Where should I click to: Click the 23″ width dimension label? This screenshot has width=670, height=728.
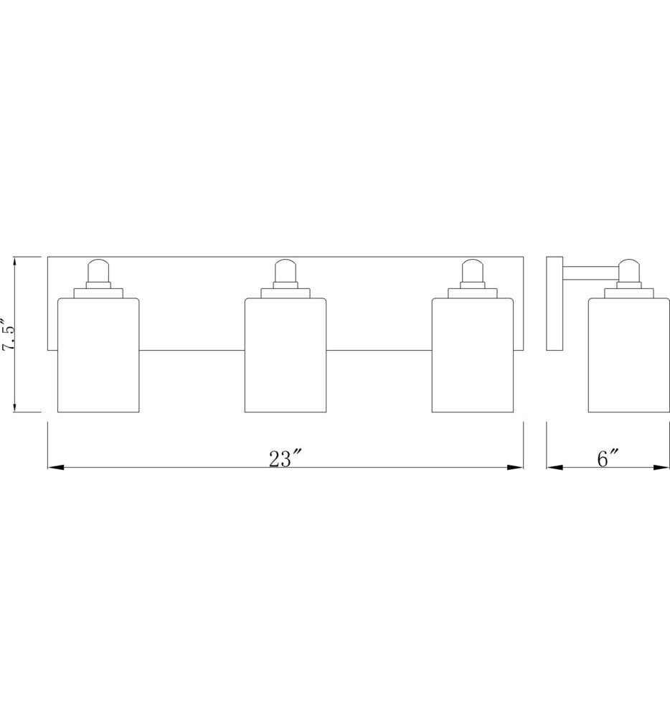[286, 459]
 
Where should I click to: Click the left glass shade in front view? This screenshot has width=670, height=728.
[98, 355]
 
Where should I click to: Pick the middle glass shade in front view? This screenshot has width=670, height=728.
[286, 355]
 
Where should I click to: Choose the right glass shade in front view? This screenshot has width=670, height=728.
[473, 355]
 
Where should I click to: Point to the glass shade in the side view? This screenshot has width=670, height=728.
[629, 355]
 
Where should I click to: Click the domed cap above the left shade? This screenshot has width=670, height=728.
[98, 270]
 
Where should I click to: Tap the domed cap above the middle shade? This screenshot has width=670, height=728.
[286, 270]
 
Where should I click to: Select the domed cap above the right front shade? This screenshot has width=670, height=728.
[473, 270]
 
